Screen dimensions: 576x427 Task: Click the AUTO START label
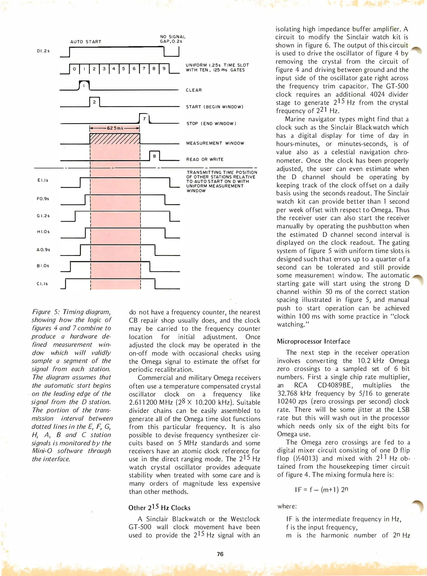click(x=86, y=42)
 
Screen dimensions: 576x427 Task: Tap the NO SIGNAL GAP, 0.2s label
click(x=173, y=39)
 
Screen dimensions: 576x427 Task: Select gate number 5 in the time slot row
click(x=124, y=69)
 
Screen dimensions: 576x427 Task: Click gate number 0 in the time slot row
click(x=74, y=69)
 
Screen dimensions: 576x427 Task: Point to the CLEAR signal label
click(x=194, y=90)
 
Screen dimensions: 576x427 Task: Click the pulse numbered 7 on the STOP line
click(x=144, y=119)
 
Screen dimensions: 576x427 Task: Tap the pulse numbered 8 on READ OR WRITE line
click(x=154, y=156)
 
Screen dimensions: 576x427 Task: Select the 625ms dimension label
click(x=115, y=128)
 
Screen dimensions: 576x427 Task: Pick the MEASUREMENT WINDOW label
click(x=215, y=143)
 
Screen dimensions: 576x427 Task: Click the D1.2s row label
click(x=43, y=51)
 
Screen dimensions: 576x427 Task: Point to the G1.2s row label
click(x=43, y=216)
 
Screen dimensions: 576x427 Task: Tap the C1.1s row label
click(x=42, y=284)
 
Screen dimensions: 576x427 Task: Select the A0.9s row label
click(x=43, y=250)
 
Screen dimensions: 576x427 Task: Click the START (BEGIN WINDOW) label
click(x=215, y=107)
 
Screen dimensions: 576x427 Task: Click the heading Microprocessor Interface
click(x=313, y=341)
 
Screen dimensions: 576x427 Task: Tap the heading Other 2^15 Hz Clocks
click(x=159, y=507)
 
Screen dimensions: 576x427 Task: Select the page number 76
click(x=220, y=554)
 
